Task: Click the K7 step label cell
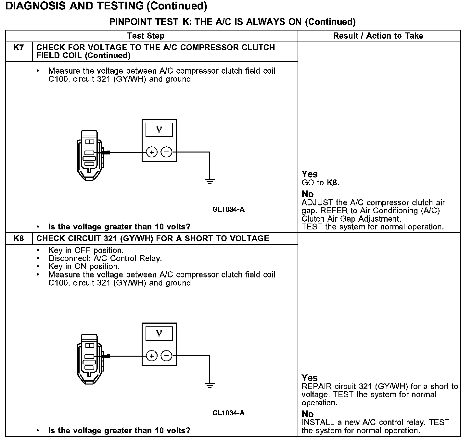[x=19, y=48]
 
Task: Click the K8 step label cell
[x=19, y=238]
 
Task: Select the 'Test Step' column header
[x=146, y=36]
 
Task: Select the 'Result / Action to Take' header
[x=378, y=36]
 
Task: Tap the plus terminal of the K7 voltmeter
[x=152, y=152]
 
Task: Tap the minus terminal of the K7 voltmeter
[x=167, y=152]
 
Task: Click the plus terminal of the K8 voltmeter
[x=152, y=356]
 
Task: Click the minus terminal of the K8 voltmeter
[x=167, y=356]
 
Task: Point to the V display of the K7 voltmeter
[x=159, y=130]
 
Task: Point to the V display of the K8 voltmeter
[x=159, y=334]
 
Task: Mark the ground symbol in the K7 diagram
[x=210, y=181]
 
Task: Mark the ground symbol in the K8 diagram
[x=210, y=385]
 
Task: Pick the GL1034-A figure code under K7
[x=228, y=210]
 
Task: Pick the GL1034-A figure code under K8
[x=228, y=413]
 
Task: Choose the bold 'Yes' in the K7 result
[x=309, y=174]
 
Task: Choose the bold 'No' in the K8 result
[x=307, y=414]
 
